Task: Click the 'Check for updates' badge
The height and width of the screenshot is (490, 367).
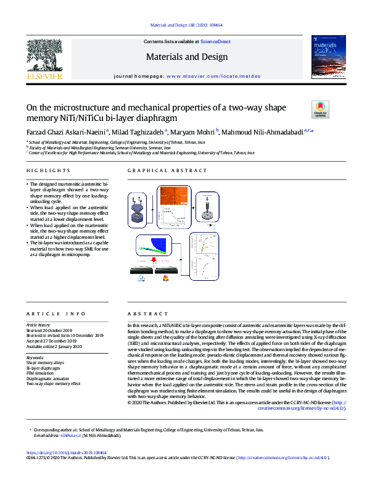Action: click(x=321, y=109)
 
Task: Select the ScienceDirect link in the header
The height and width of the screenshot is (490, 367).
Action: click(x=212, y=42)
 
